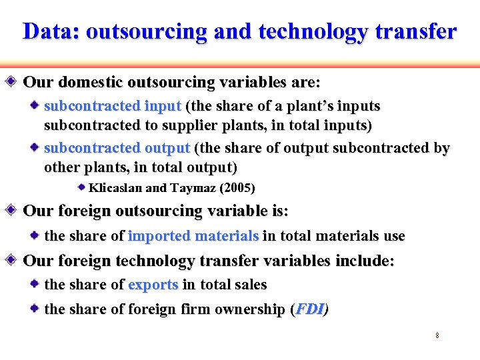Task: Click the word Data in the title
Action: pos(48,31)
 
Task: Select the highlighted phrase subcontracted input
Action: pos(112,106)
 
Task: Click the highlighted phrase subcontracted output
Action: pos(117,147)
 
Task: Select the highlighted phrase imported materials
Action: pos(193,236)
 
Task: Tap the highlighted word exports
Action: pos(153,285)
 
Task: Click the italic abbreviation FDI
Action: pos(310,309)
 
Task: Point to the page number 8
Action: pos(437,335)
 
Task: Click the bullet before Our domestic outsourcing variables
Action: pos(15,83)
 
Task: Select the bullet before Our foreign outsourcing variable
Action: pos(15,211)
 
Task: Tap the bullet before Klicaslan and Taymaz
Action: pos(81,187)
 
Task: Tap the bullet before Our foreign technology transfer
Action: pos(15,261)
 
